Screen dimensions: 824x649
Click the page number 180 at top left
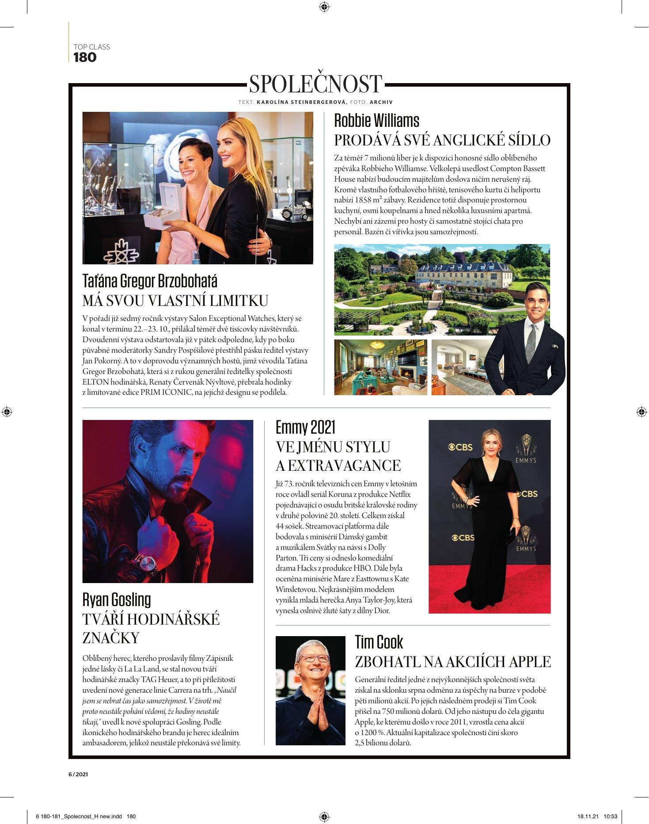85,57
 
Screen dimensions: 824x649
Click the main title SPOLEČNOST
315,84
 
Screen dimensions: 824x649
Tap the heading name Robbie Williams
376,120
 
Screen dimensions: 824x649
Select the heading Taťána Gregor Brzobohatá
150,281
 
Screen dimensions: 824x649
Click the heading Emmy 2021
305,427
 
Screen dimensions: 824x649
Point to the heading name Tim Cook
379,642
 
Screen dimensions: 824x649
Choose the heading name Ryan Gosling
117,599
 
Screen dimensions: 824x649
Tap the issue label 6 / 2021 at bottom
78,774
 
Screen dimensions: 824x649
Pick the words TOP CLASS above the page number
91,47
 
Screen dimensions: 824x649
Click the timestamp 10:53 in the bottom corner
610,816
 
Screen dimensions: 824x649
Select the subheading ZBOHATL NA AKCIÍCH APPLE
453,662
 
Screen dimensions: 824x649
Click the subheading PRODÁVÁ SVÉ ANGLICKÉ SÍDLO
442,140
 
